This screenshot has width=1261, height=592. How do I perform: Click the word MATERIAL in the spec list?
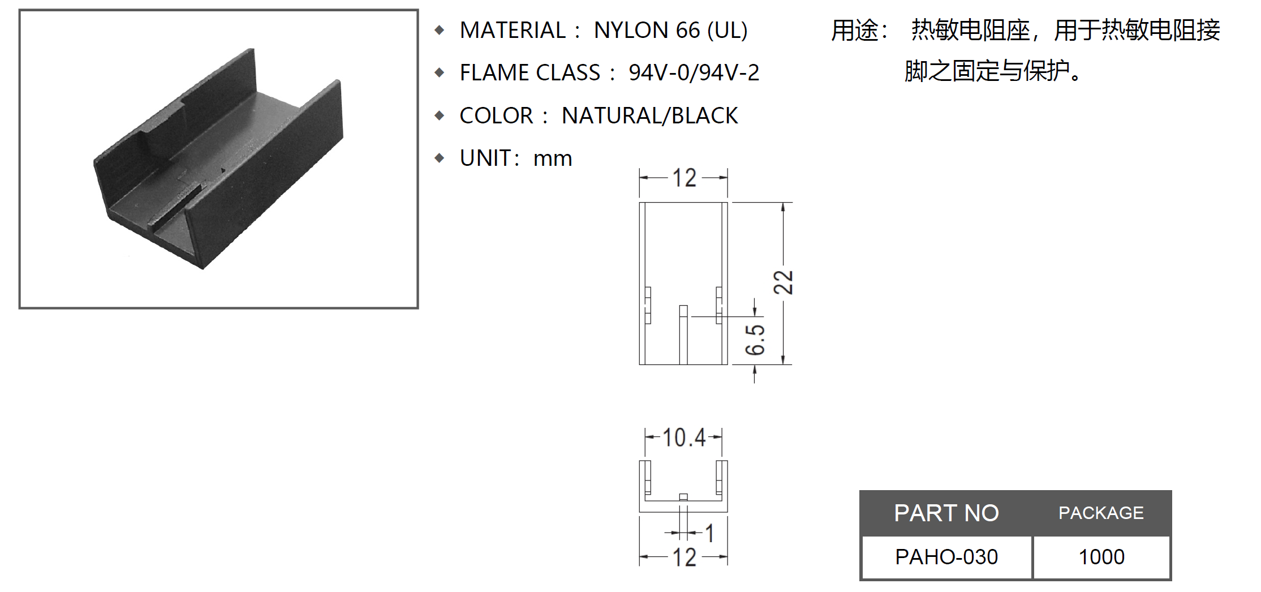pyautogui.click(x=512, y=30)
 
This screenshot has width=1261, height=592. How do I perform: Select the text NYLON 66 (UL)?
pyautogui.click(x=670, y=30)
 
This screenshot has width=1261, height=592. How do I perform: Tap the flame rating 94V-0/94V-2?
pyautogui.click(x=694, y=72)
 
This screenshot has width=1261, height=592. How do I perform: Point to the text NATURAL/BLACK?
pyautogui.click(x=649, y=115)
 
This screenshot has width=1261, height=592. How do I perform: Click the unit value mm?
pyautogui.click(x=552, y=158)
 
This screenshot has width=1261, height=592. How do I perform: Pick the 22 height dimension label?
pyautogui.click(x=784, y=282)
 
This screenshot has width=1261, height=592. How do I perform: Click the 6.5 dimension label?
pyautogui.click(x=755, y=340)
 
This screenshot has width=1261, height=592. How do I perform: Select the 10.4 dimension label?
pyautogui.click(x=684, y=437)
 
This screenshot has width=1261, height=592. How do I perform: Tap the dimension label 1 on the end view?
pyautogui.click(x=709, y=533)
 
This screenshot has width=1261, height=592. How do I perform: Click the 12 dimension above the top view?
pyautogui.click(x=684, y=178)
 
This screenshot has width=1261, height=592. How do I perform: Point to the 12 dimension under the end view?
pyautogui.click(x=684, y=557)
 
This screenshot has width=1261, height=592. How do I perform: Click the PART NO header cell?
pyautogui.click(x=946, y=513)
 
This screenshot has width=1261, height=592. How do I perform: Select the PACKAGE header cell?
pyautogui.click(x=1101, y=513)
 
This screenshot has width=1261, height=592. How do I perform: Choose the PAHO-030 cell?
pyautogui.click(x=946, y=557)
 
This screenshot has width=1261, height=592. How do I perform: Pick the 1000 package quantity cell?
pyautogui.click(x=1101, y=557)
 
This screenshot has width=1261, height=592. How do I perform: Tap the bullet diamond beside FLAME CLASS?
pyautogui.click(x=440, y=72)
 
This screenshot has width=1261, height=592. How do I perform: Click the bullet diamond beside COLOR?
pyautogui.click(x=440, y=115)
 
